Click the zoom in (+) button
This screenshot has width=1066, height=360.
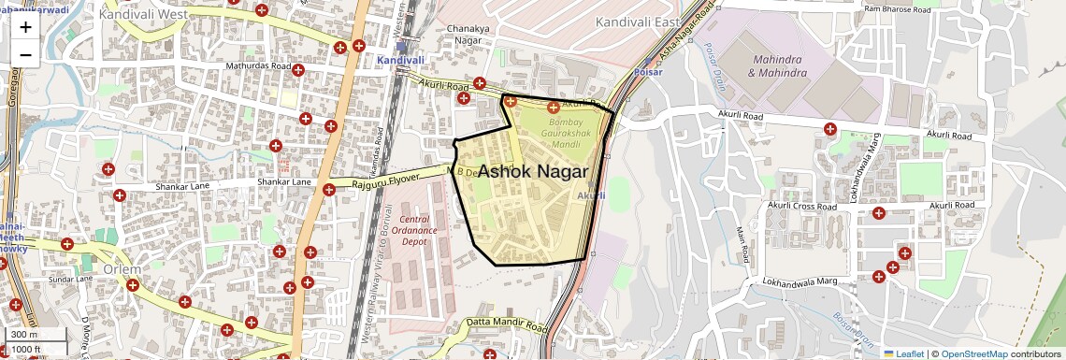[x=25, y=26]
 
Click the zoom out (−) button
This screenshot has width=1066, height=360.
[x=25, y=54]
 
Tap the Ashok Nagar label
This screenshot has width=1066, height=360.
[x=533, y=172]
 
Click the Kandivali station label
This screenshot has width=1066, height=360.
[x=400, y=60]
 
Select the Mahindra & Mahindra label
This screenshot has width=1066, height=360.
[x=777, y=65]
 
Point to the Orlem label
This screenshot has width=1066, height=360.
[x=122, y=269]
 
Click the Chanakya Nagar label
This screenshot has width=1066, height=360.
[x=472, y=35]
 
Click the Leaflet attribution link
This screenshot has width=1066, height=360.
[x=903, y=353]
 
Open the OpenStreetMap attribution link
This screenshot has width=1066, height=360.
[x=973, y=353]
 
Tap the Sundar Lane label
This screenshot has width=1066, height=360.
[x=71, y=279]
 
